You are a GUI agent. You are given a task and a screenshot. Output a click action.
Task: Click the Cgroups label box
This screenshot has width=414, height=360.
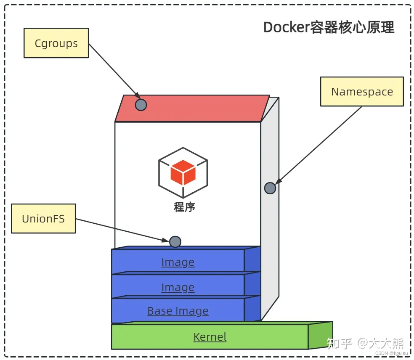pos(56,43)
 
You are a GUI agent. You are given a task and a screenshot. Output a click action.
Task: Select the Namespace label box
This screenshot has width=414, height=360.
pos(362,92)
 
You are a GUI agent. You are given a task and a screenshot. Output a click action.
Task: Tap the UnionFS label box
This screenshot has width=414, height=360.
pos(43,219)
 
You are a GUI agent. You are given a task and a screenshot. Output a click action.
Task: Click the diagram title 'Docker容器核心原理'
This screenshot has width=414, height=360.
pos(329,27)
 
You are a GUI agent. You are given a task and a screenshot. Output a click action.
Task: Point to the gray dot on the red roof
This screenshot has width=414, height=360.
pos(141,105)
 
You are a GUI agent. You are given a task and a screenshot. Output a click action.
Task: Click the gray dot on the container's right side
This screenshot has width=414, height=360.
pos(270,188)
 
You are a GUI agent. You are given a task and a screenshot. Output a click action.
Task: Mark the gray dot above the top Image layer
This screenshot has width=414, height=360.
pos(175,242)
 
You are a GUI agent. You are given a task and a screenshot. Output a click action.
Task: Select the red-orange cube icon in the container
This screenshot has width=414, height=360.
pos(183,173)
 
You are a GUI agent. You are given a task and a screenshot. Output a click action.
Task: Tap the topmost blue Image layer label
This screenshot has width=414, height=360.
pos(178,262)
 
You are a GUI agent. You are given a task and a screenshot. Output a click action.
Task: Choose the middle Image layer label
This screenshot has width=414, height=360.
pos(178,287)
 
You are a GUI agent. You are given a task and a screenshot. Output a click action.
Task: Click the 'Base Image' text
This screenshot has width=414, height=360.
pos(178,311)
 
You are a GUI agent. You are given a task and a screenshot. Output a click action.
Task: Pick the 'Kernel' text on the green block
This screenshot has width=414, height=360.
pos(210,337)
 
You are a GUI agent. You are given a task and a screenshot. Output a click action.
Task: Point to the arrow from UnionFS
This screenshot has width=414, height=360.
pos(122,230)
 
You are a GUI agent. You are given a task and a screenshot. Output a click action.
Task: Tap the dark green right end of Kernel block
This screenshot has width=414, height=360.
pos(320,335)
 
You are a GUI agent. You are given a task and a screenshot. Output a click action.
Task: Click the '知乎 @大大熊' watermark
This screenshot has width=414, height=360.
pos(365,343)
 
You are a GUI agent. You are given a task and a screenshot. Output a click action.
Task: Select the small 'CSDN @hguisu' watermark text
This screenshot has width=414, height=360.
pos(391,353)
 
